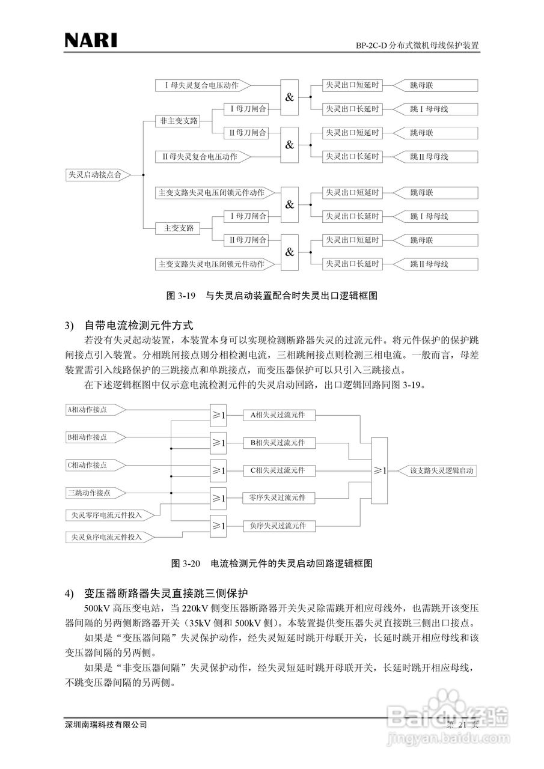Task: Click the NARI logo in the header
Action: pyautogui.click(x=91, y=40)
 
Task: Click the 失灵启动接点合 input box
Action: pyautogui.click(x=96, y=175)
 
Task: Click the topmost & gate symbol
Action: pyautogui.click(x=290, y=97)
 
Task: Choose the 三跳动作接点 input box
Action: pyautogui.click(x=93, y=493)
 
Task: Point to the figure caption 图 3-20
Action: pyautogui.click(x=272, y=564)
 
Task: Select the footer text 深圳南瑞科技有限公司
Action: pyautogui.click(x=106, y=725)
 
